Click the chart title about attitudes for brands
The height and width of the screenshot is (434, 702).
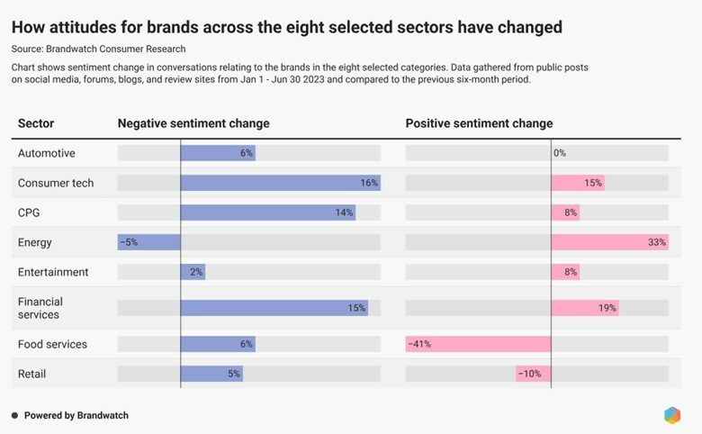(x=287, y=27)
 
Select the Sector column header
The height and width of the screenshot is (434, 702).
(x=36, y=123)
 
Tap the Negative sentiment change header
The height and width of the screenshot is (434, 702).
(x=193, y=123)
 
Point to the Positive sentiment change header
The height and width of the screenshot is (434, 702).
(x=479, y=123)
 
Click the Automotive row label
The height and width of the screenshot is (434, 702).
(x=47, y=153)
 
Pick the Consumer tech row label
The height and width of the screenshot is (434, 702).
(x=56, y=183)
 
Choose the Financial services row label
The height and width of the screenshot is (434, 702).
(x=40, y=308)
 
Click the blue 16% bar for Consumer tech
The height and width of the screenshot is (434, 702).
(x=280, y=183)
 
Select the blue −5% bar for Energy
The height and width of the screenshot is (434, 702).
(x=149, y=242)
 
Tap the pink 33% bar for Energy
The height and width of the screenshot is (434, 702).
(x=609, y=242)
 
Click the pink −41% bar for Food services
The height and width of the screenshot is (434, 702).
(x=478, y=344)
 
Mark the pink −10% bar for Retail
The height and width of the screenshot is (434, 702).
(x=533, y=374)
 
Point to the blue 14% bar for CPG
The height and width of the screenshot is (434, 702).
(x=267, y=212)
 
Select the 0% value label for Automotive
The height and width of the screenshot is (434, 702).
(x=560, y=153)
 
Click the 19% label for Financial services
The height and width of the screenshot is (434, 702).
(x=607, y=308)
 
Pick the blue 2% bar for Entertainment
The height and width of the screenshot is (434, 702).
(x=193, y=272)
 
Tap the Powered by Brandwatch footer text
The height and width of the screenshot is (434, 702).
(x=76, y=415)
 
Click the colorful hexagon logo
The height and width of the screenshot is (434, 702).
(x=672, y=415)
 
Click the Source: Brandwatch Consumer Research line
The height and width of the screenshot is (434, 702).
(x=104, y=49)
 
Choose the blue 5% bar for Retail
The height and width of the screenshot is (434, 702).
(x=211, y=374)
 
